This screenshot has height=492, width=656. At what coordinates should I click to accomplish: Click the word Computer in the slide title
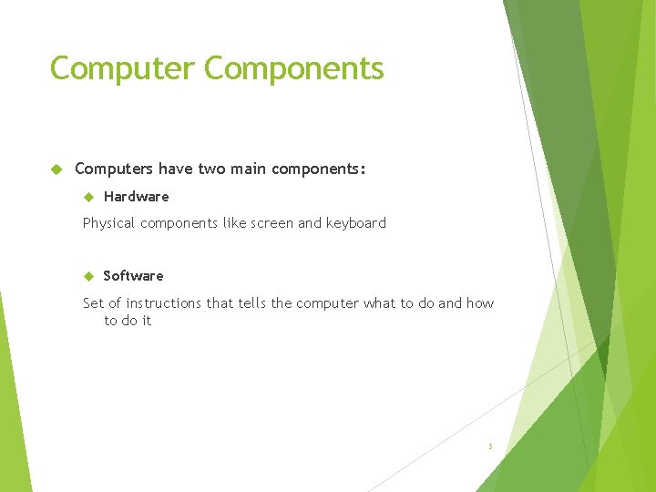click(x=123, y=68)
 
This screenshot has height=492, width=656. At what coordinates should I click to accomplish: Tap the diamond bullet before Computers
click(x=56, y=169)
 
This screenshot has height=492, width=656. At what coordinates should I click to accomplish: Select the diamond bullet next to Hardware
click(x=89, y=197)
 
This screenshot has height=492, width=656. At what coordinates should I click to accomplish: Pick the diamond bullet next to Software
click(x=89, y=276)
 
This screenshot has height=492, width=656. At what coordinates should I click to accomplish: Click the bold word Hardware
click(x=136, y=197)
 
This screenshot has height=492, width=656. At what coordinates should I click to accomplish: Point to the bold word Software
click(x=133, y=276)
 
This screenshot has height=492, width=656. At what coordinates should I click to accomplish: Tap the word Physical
click(x=108, y=223)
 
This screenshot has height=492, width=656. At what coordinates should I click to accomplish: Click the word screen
click(x=272, y=223)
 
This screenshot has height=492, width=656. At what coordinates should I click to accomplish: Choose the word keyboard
click(x=355, y=223)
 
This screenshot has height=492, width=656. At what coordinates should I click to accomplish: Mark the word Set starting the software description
click(x=93, y=303)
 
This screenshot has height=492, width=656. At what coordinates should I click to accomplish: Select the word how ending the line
click(x=479, y=303)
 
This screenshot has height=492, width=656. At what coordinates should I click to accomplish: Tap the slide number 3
click(x=489, y=446)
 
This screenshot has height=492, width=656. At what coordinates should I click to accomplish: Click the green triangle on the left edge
click(x=11, y=401)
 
